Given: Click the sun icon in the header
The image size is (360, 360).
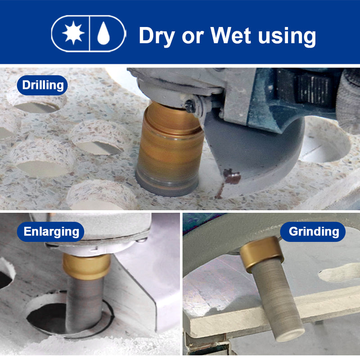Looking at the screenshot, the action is pyautogui.click(x=73, y=33).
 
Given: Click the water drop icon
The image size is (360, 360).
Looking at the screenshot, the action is pyautogui.click(x=103, y=33).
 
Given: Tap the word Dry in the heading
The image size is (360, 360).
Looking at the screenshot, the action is pyautogui.click(x=157, y=36).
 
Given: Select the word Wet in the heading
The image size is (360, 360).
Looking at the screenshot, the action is pyautogui.click(x=231, y=35).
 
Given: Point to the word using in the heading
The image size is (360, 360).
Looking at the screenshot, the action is pyautogui.click(x=287, y=37).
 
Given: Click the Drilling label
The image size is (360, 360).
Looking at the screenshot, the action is pyautogui.click(x=42, y=85).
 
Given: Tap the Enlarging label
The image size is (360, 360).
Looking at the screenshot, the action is pyautogui.click(x=51, y=231).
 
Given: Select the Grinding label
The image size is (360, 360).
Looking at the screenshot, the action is pyautogui.click(x=313, y=231).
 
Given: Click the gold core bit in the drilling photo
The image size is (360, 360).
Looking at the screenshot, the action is pyautogui.click(x=170, y=148).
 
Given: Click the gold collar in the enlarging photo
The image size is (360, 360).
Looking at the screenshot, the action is pyautogui.click(x=87, y=266).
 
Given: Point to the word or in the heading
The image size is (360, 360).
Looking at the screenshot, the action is pyautogui.click(x=193, y=36).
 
